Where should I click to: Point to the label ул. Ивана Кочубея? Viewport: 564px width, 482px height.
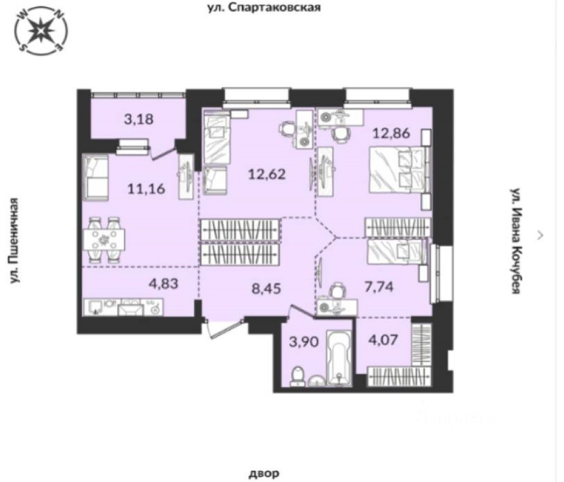click(515, 240)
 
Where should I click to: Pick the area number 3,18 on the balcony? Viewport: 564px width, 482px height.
click(138, 120)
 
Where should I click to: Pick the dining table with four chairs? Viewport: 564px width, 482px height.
click(104, 239)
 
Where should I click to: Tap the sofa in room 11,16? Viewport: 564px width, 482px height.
click(96, 177)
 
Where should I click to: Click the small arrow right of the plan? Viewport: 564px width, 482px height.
click(540, 234)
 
